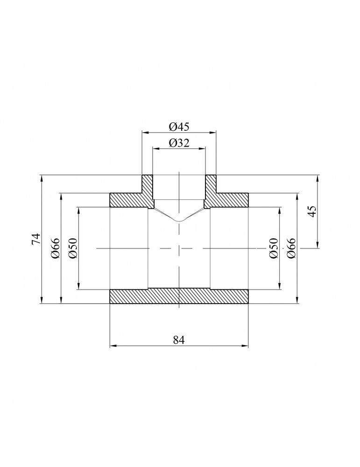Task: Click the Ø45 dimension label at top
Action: tap(179, 127)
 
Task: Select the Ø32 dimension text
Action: tap(179, 143)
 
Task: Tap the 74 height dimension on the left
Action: tap(35, 240)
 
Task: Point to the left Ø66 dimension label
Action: tap(55, 248)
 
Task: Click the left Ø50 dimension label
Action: tap(72, 248)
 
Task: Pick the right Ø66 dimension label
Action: tap(291, 248)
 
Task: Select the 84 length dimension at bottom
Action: tap(179, 340)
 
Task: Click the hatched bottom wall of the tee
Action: tap(179, 297)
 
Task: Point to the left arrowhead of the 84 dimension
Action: tap(113, 346)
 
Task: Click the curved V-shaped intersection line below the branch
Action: tap(179, 219)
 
